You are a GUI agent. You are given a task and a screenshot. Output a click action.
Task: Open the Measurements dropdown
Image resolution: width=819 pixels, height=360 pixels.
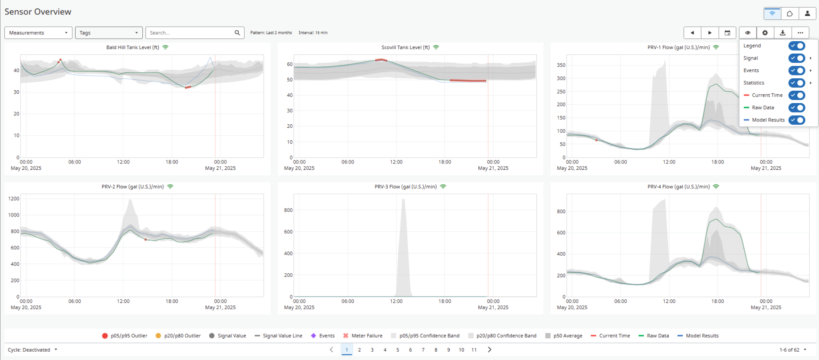(x=38, y=33)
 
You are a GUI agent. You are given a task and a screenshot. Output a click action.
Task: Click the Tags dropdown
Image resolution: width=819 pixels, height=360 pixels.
(x=109, y=33)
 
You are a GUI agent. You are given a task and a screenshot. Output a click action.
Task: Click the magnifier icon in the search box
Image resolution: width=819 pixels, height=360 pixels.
(x=237, y=33)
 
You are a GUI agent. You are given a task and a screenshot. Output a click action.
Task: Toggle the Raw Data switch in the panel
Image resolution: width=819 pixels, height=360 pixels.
(x=796, y=107)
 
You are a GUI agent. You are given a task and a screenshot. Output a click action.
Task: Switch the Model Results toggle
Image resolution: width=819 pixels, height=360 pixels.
(x=796, y=120)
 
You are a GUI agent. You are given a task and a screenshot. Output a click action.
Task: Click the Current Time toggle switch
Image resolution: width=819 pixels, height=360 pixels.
(x=796, y=95)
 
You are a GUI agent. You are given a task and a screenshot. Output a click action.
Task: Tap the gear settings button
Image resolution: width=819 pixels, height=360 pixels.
(x=765, y=33)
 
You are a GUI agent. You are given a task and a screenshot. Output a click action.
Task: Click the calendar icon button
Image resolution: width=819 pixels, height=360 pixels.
(x=727, y=33)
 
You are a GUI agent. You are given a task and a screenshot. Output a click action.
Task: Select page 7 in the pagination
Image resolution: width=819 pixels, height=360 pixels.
(x=423, y=350)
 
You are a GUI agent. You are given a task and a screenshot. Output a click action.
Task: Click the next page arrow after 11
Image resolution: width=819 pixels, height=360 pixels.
(x=490, y=350)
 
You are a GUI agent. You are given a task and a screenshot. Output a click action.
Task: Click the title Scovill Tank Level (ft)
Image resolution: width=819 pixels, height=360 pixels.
(x=405, y=47)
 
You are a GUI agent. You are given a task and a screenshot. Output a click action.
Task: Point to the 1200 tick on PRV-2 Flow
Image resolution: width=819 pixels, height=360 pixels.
(x=14, y=199)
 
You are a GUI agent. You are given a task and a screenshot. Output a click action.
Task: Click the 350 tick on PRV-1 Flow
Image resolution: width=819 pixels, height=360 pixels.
(x=561, y=65)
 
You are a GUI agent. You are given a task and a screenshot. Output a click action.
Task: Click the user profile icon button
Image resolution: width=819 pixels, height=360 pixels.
(x=807, y=13)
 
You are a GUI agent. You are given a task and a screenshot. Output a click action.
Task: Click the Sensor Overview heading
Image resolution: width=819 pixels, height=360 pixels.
(x=38, y=12)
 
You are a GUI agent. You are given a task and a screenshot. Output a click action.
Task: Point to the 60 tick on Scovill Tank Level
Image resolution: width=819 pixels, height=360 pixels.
(x=290, y=64)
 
